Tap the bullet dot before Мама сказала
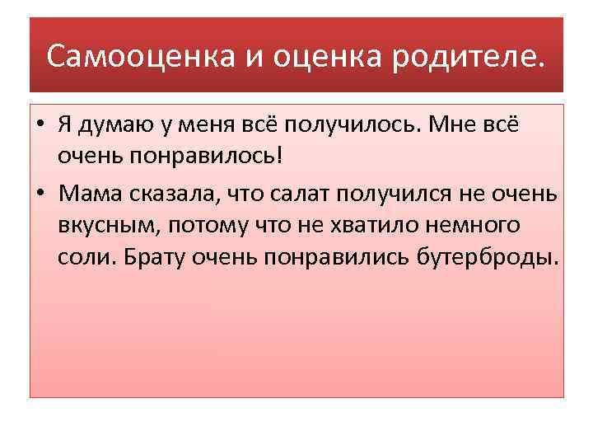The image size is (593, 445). pos(40,194)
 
